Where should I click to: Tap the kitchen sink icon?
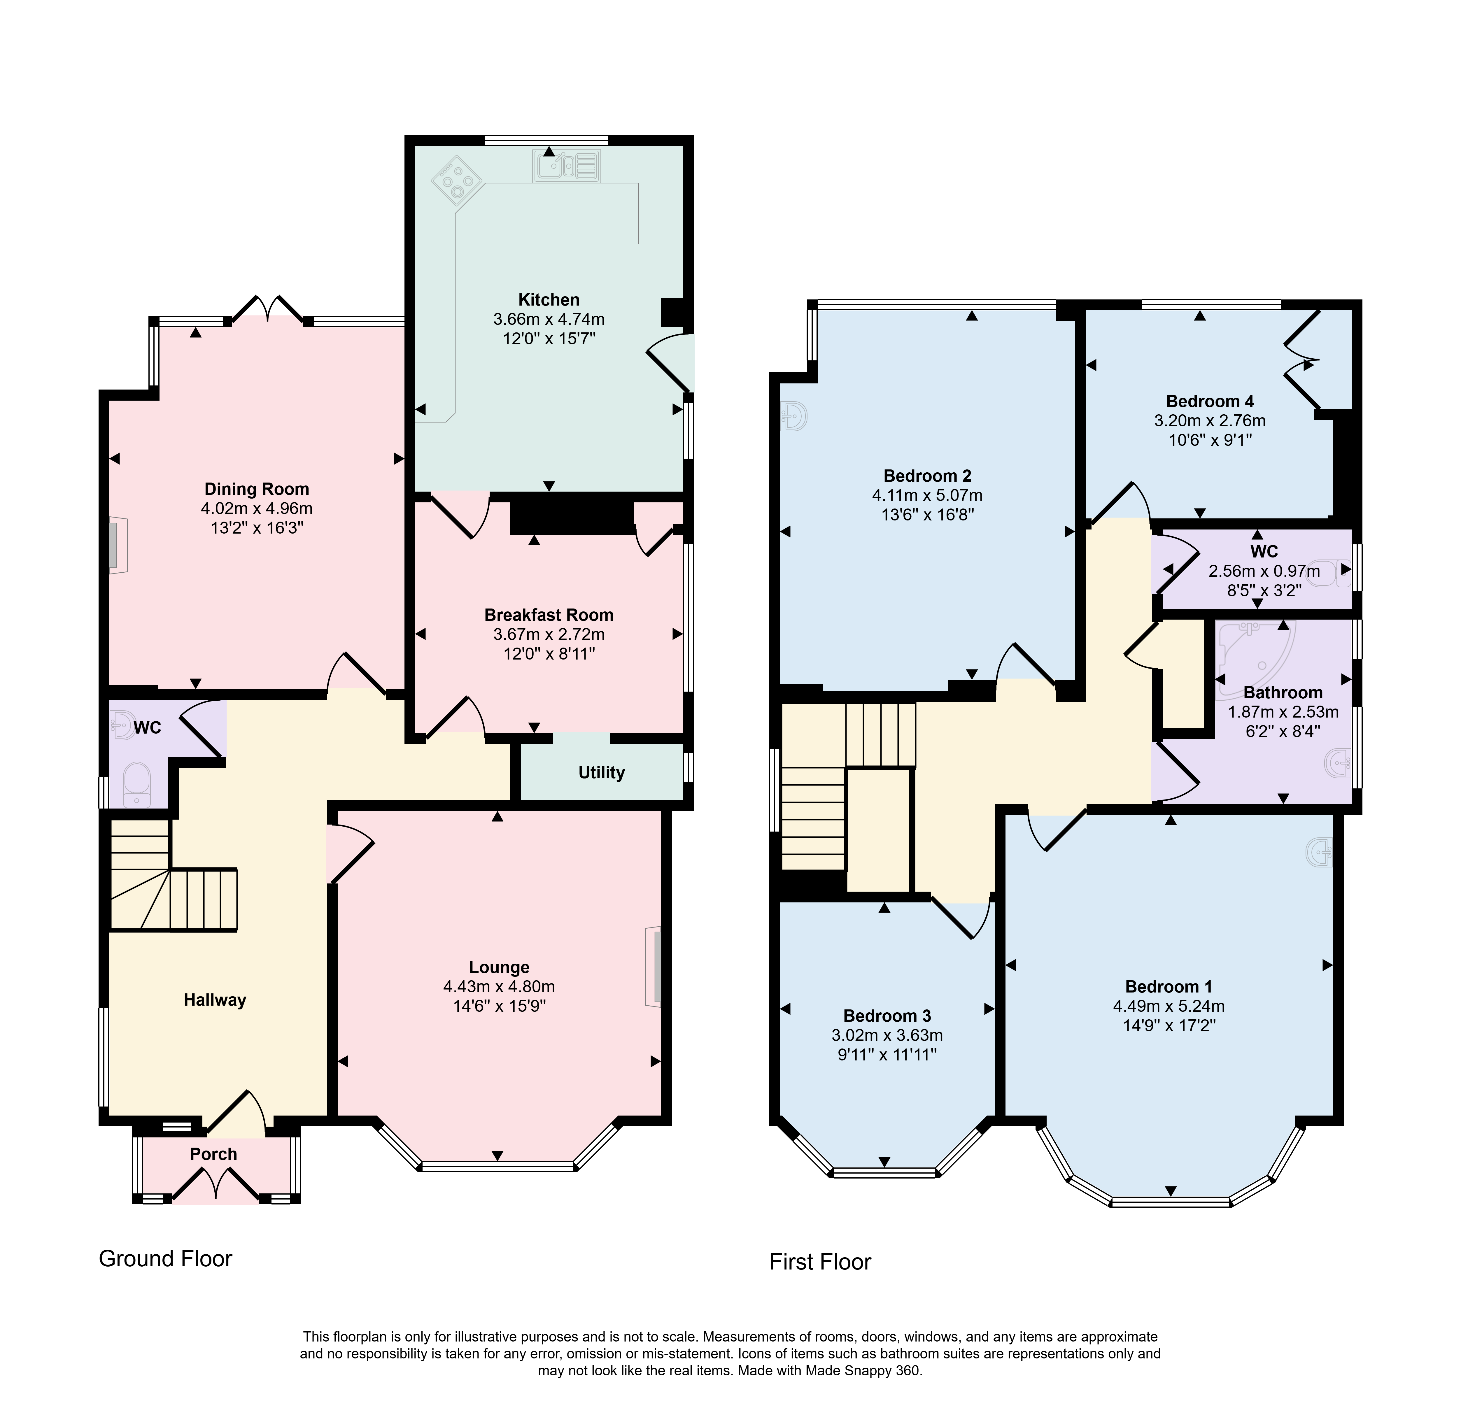(567, 165)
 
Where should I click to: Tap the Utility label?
(602, 773)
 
